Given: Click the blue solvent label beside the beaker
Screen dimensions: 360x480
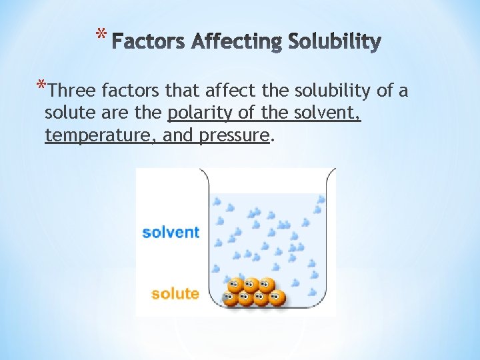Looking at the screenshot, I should pyautogui.click(x=171, y=232).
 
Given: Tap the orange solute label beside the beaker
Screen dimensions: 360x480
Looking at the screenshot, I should pyautogui.click(x=175, y=293).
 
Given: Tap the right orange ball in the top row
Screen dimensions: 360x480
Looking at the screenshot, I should pyautogui.click(x=267, y=285).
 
